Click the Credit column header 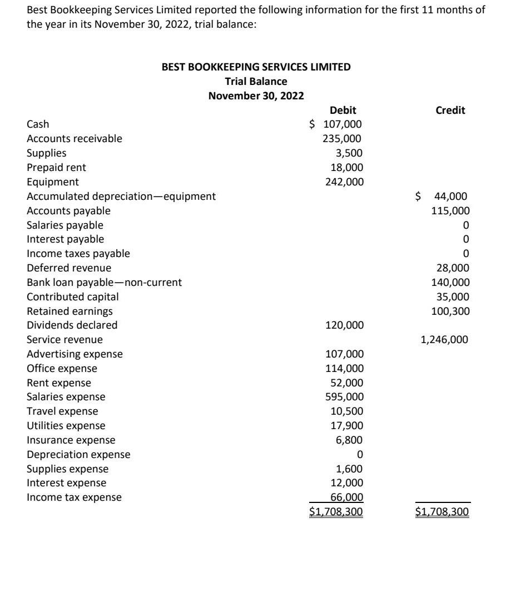[450, 110]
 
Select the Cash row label [38, 124]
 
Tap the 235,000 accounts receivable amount [343, 139]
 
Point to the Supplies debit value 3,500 [350, 153]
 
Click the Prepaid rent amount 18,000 [348, 168]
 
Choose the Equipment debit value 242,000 [343, 182]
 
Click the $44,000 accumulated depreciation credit [443, 196]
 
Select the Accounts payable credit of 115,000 [450, 211]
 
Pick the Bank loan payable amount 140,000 [450, 283]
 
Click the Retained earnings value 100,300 [450, 311]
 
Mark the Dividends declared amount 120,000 [343, 325]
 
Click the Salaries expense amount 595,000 [343, 397]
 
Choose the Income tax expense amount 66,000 [347, 497]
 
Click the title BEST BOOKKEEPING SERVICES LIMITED [256, 67]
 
